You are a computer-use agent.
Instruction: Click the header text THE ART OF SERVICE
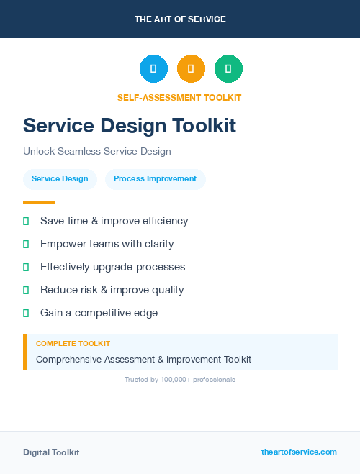[180, 19]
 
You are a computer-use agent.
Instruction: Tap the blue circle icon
[153, 69]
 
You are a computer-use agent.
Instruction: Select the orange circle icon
[191, 69]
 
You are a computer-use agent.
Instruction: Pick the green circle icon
[228, 69]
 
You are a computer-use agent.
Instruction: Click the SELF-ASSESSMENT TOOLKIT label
[179, 98]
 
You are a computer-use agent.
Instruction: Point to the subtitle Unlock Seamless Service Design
[96, 152]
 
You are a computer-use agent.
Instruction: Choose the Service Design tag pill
[60, 179]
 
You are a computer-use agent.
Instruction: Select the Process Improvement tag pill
[155, 179]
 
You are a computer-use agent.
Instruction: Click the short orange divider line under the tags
[39, 202]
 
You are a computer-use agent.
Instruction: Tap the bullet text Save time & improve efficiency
[114, 221]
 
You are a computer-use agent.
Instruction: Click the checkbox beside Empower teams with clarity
[26, 244]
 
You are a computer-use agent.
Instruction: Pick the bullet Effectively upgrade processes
[112, 267]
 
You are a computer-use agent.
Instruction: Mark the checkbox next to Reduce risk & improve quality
[26, 290]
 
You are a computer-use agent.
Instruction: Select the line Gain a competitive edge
[99, 313]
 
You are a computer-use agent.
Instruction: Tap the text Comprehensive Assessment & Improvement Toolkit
[143, 359]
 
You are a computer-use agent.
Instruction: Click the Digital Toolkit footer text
[51, 452]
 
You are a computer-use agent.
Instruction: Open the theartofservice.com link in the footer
[299, 452]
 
